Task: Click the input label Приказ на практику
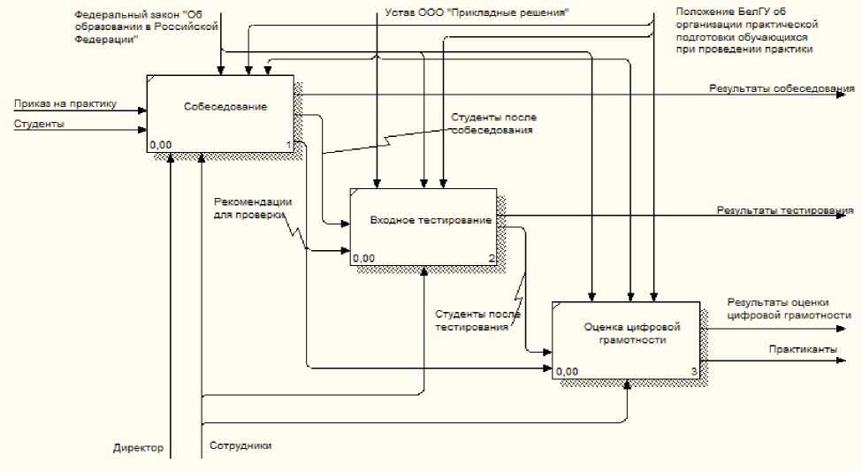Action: coord(65,104)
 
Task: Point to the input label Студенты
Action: coord(40,124)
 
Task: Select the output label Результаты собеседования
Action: coord(781,89)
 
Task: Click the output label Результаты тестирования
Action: coord(784,210)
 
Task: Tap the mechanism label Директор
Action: coord(139,448)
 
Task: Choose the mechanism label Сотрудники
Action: coord(240,445)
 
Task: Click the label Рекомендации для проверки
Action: coord(252,207)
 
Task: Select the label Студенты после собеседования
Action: coord(493,124)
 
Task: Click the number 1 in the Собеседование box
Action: coord(288,144)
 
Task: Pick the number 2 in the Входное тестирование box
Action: coord(492,258)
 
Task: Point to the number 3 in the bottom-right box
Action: coord(693,371)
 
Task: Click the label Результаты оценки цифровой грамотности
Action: coord(789,308)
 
